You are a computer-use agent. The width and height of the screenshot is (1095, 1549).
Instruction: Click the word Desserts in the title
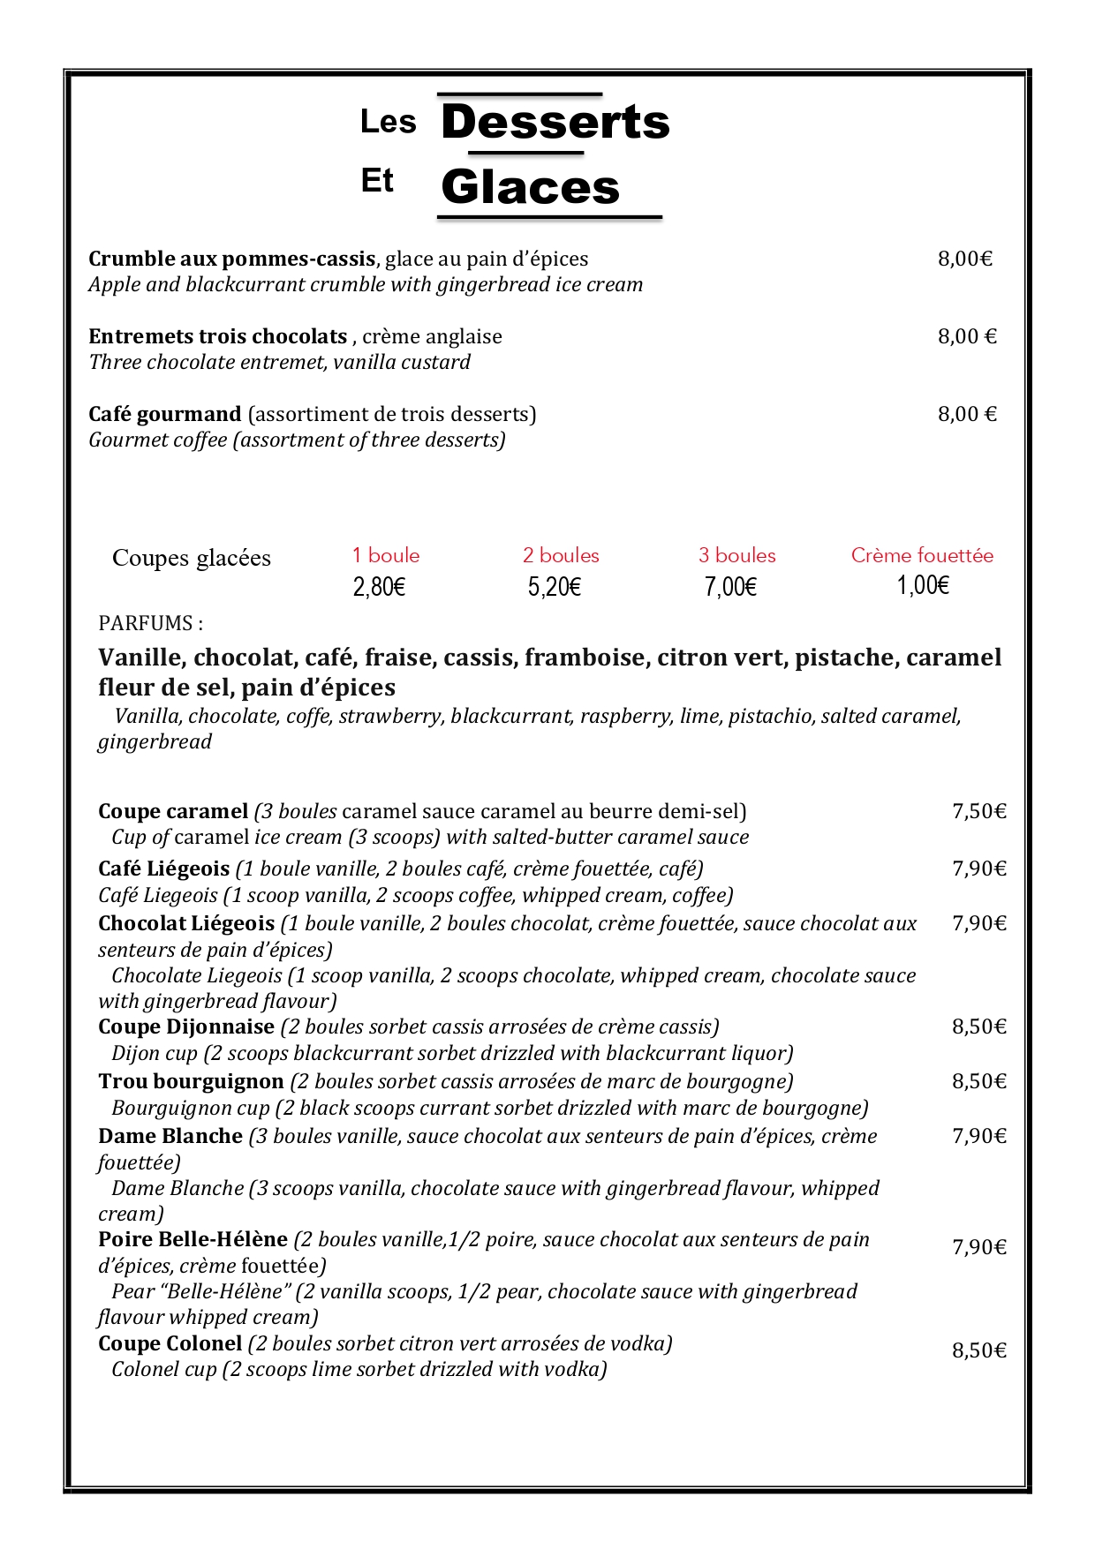point(555,122)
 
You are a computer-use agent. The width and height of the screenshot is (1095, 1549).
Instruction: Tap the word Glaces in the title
point(530,187)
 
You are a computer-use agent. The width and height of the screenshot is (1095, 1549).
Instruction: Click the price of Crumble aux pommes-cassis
point(964,259)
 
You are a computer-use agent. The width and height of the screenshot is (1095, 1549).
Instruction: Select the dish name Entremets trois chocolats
point(217,336)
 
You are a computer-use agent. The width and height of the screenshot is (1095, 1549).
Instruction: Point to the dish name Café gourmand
point(164,414)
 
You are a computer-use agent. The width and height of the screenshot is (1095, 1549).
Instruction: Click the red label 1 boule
point(385,555)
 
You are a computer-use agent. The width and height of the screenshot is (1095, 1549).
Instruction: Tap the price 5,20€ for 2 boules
point(554,587)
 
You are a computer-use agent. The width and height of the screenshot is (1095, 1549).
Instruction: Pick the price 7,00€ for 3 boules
point(729,587)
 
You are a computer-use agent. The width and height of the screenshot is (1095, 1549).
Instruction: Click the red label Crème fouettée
point(922,555)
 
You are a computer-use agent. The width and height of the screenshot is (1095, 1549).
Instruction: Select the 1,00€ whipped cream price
point(923,585)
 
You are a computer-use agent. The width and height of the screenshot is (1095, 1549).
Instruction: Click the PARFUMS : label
point(150,623)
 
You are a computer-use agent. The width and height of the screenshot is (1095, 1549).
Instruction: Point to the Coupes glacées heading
point(191,558)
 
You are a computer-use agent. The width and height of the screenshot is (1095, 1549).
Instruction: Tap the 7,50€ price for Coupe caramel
point(978,811)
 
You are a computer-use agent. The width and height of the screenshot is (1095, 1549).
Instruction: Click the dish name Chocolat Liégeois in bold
point(186,923)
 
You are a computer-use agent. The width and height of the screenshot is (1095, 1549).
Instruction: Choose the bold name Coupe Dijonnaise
point(186,1026)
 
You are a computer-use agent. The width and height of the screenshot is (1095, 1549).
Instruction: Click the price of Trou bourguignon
point(978,1081)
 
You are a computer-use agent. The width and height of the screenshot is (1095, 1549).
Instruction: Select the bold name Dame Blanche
point(170,1136)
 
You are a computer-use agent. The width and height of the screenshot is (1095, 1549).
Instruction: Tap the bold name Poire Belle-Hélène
point(193,1239)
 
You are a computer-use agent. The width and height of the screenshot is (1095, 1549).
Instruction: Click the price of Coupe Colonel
point(978,1350)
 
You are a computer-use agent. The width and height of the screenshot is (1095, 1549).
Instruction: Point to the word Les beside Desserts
point(388,122)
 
